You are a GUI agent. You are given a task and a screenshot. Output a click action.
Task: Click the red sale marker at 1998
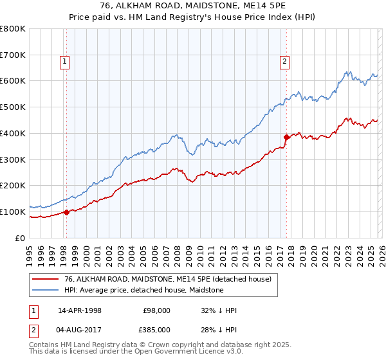click(x=66, y=212)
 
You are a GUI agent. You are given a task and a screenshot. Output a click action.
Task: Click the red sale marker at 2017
click(x=286, y=137)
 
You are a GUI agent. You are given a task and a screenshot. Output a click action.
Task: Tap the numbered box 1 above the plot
click(x=66, y=62)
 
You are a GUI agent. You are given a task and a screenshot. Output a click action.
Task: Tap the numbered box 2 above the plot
click(x=284, y=62)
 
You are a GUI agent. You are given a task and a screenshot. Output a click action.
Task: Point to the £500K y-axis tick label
click(x=13, y=107)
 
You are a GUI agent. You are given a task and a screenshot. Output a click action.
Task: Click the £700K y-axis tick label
click(x=13, y=55)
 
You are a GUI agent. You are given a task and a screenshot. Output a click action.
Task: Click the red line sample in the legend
click(x=45, y=280)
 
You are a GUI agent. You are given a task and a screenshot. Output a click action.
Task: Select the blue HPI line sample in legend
click(x=45, y=291)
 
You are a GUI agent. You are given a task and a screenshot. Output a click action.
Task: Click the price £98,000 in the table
click(x=156, y=310)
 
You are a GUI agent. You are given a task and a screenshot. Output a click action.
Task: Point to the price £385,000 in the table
click(x=156, y=330)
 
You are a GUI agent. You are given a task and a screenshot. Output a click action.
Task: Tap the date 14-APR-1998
click(x=79, y=310)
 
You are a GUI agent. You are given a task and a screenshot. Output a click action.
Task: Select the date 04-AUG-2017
click(x=80, y=330)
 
